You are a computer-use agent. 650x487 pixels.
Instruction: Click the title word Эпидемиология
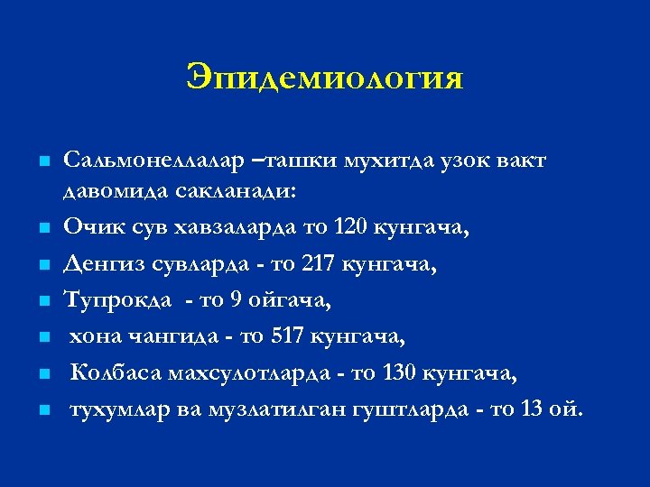coord(325,78)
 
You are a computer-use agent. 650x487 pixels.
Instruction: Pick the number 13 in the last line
coord(532,409)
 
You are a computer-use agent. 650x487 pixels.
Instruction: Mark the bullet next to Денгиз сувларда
coord(42,265)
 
